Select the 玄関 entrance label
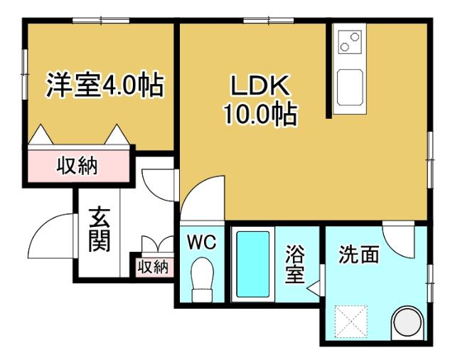(99, 229)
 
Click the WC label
(201, 241)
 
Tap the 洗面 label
(358, 255)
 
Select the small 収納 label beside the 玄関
(152, 268)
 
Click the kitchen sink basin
(349, 87)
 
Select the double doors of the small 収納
(152, 243)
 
